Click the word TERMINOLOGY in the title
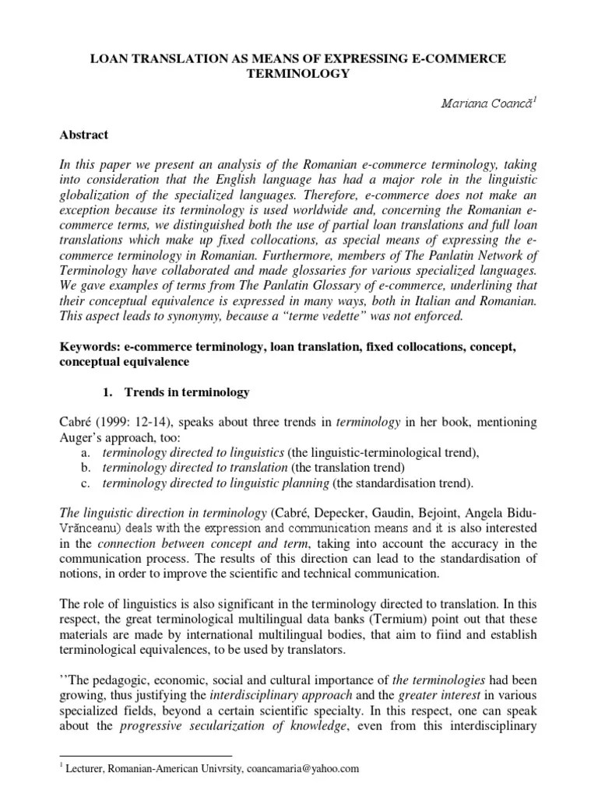click(x=298, y=74)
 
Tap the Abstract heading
click(x=84, y=135)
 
